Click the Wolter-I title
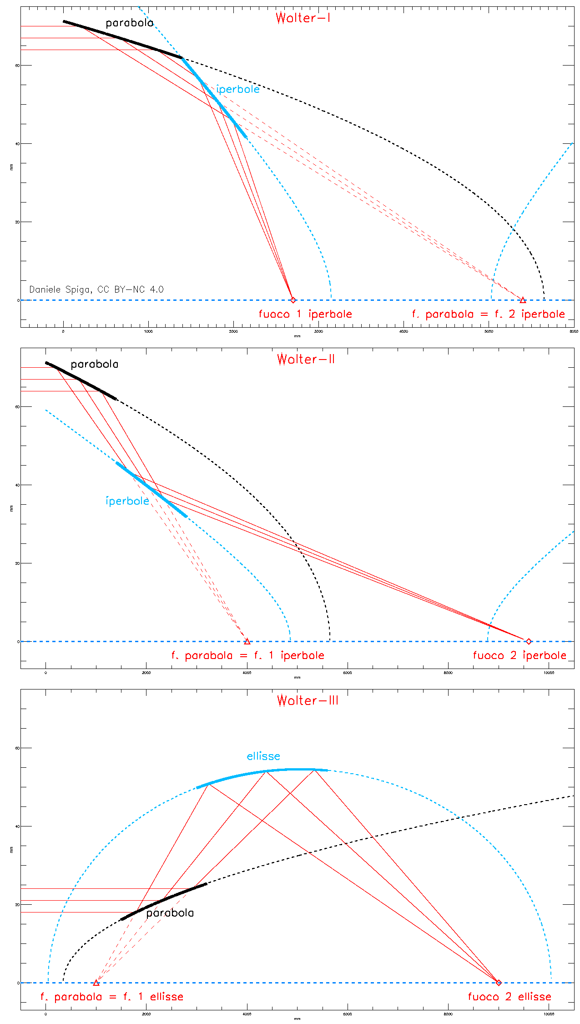click(x=303, y=18)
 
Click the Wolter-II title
click(x=306, y=360)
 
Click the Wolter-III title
click(x=308, y=700)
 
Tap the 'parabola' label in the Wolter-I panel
click(x=130, y=23)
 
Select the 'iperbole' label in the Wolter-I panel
click(x=238, y=89)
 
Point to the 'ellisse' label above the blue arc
click(x=263, y=756)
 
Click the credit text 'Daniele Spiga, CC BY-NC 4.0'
click(x=96, y=289)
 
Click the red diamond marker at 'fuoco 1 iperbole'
click(x=293, y=300)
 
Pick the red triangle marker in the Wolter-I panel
click(x=523, y=300)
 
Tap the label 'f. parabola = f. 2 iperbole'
click(x=488, y=314)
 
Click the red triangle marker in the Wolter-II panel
click(x=247, y=641)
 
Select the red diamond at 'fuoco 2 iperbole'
click(x=529, y=641)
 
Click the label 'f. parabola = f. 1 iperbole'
click(x=248, y=655)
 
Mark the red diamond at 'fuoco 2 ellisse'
click(x=499, y=983)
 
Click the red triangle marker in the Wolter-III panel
click(x=96, y=983)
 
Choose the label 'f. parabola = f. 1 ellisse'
click(x=112, y=997)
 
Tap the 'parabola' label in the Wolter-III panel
click(x=170, y=913)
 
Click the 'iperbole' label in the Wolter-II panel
click(x=127, y=501)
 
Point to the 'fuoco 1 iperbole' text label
click(x=305, y=314)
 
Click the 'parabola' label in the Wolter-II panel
click(x=95, y=365)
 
